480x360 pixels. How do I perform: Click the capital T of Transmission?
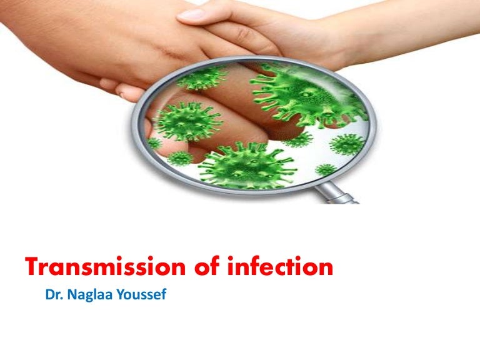click(32, 268)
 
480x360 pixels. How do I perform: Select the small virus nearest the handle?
click(326, 169)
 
